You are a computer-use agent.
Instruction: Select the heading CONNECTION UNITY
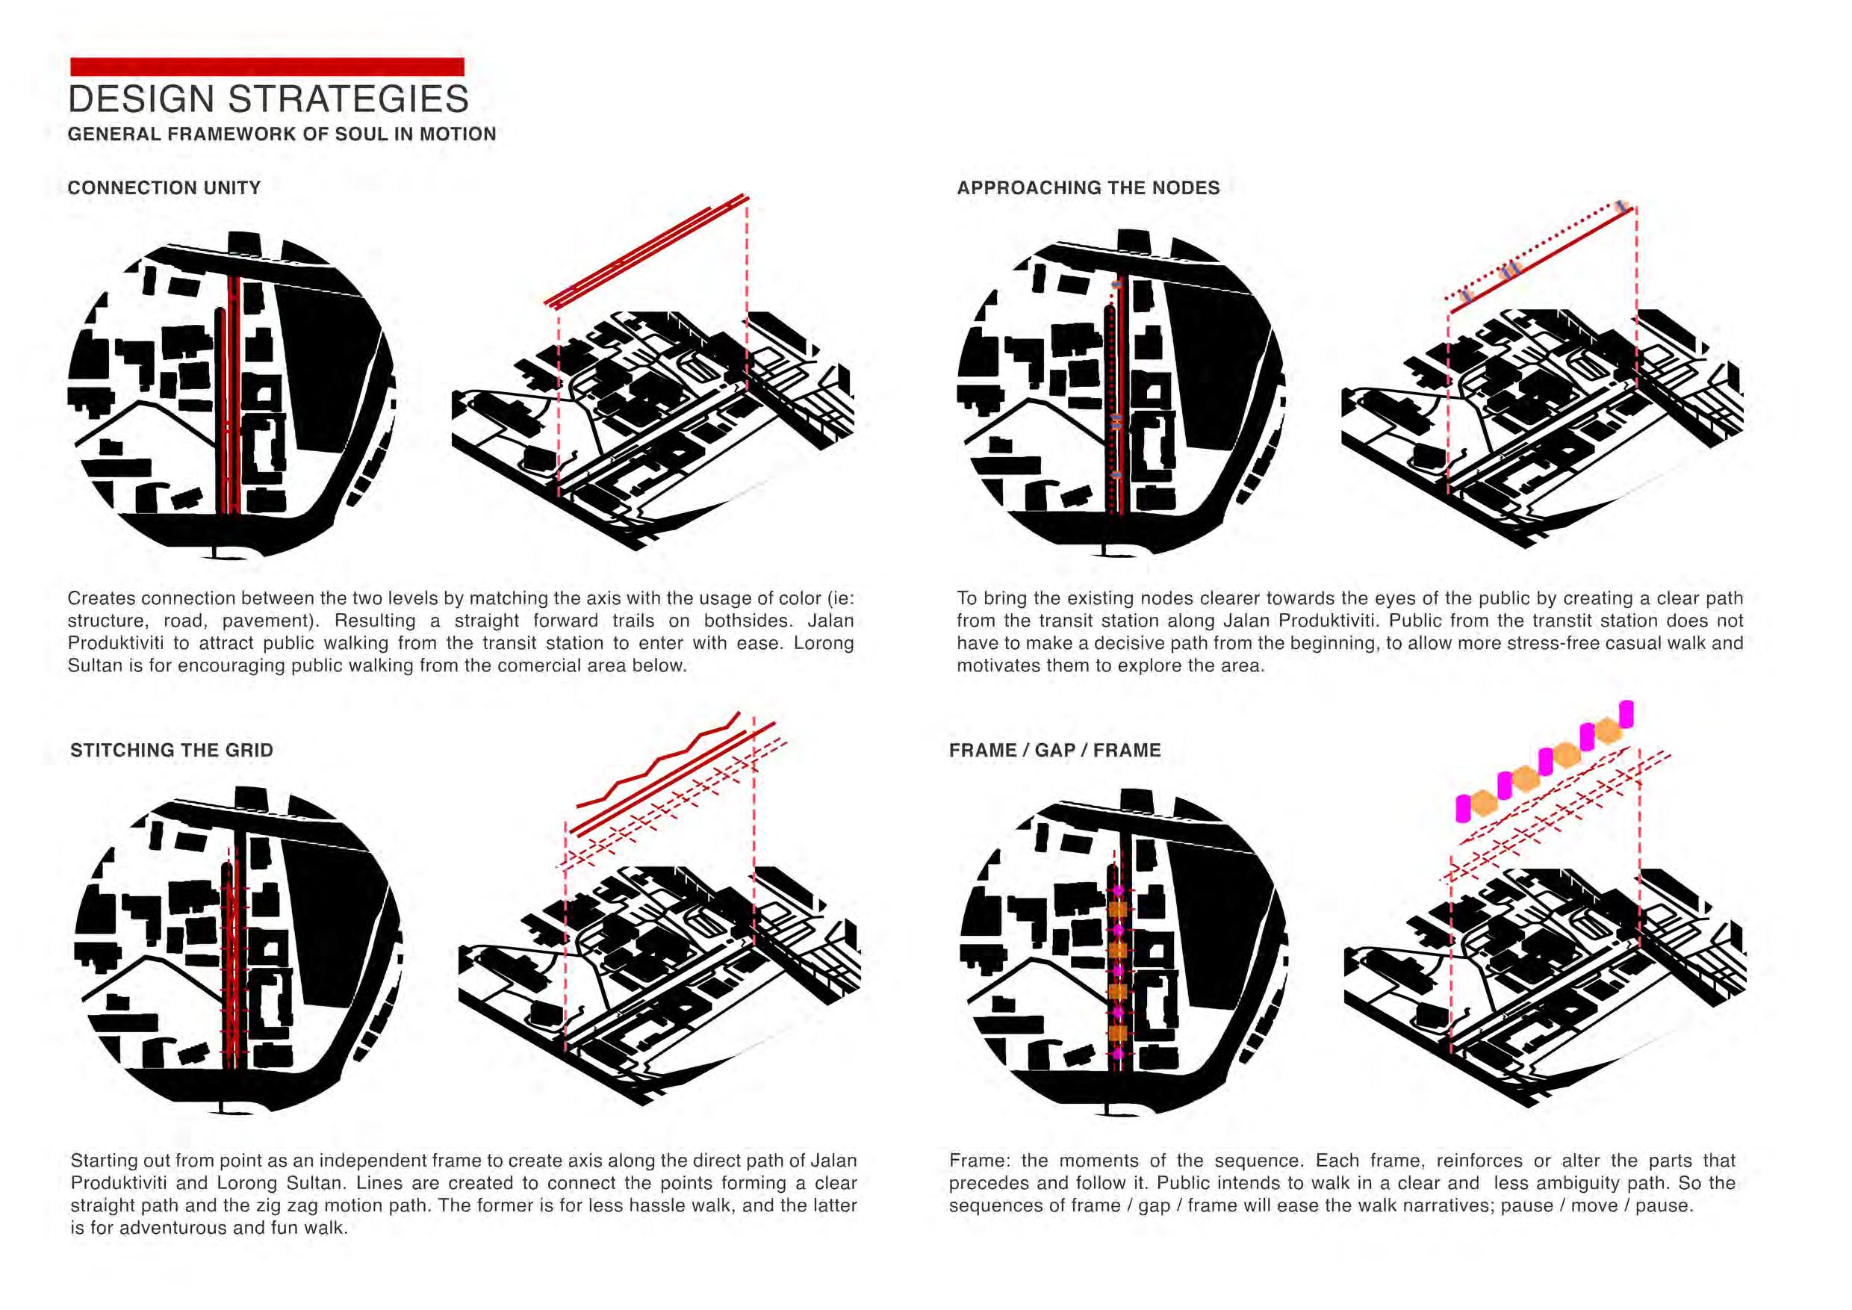pyautogui.click(x=164, y=188)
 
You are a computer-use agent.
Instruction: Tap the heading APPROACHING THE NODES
pyautogui.click(x=1088, y=188)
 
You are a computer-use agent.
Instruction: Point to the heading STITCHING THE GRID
pyautogui.click(x=172, y=750)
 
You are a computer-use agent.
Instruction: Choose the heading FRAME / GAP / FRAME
pyautogui.click(x=1055, y=750)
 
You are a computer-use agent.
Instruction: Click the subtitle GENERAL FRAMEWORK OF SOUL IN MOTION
pyautogui.click(x=282, y=134)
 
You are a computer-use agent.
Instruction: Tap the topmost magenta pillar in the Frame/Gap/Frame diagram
pyautogui.click(x=1626, y=714)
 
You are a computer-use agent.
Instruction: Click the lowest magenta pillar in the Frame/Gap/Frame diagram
pyautogui.click(x=1462, y=808)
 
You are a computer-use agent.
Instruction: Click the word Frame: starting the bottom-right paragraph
pyautogui.click(x=978, y=1161)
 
